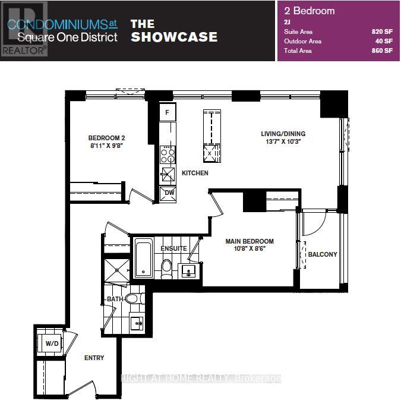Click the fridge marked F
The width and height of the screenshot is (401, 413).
tap(168, 112)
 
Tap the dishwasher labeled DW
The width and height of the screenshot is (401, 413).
tap(168, 194)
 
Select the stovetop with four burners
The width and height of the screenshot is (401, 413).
tap(168, 155)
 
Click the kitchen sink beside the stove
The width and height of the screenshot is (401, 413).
tap(168, 174)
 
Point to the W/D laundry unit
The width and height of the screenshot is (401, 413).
tap(50, 343)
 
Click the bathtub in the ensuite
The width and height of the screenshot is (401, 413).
tap(144, 257)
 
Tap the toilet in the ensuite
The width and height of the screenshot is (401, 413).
tap(166, 269)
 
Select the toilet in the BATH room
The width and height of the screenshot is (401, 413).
tap(134, 298)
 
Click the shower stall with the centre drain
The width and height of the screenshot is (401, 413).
tap(116, 270)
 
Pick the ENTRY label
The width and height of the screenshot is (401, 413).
tap(94, 358)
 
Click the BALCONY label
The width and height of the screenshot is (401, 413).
tap(323, 254)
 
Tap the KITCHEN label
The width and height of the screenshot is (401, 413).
tap(195, 173)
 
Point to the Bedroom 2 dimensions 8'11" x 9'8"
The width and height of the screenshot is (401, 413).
tap(106, 146)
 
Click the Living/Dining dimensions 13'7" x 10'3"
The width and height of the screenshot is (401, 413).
tap(283, 141)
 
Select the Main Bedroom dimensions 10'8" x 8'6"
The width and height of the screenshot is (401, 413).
tap(250, 248)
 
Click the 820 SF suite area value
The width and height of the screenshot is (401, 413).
tap(382, 31)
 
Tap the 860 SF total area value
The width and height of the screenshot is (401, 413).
tap(382, 51)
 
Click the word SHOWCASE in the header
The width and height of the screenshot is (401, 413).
tap(174, 37)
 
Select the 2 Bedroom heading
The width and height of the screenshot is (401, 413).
tap(310, 11)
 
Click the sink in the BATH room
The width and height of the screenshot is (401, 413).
tap(137, 323)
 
